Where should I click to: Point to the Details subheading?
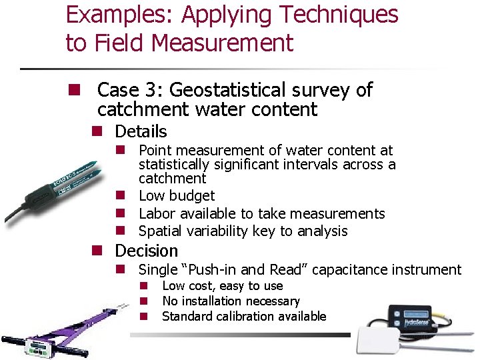pos(141,132)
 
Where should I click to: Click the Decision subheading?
pos(147,251)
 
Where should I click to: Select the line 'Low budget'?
pos(177,196)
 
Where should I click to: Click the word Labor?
pos(155,214)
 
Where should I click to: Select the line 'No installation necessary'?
pos(231,301)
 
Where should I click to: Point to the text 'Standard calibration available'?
pos(244,317)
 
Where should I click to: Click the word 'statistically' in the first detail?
pos(171,165)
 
